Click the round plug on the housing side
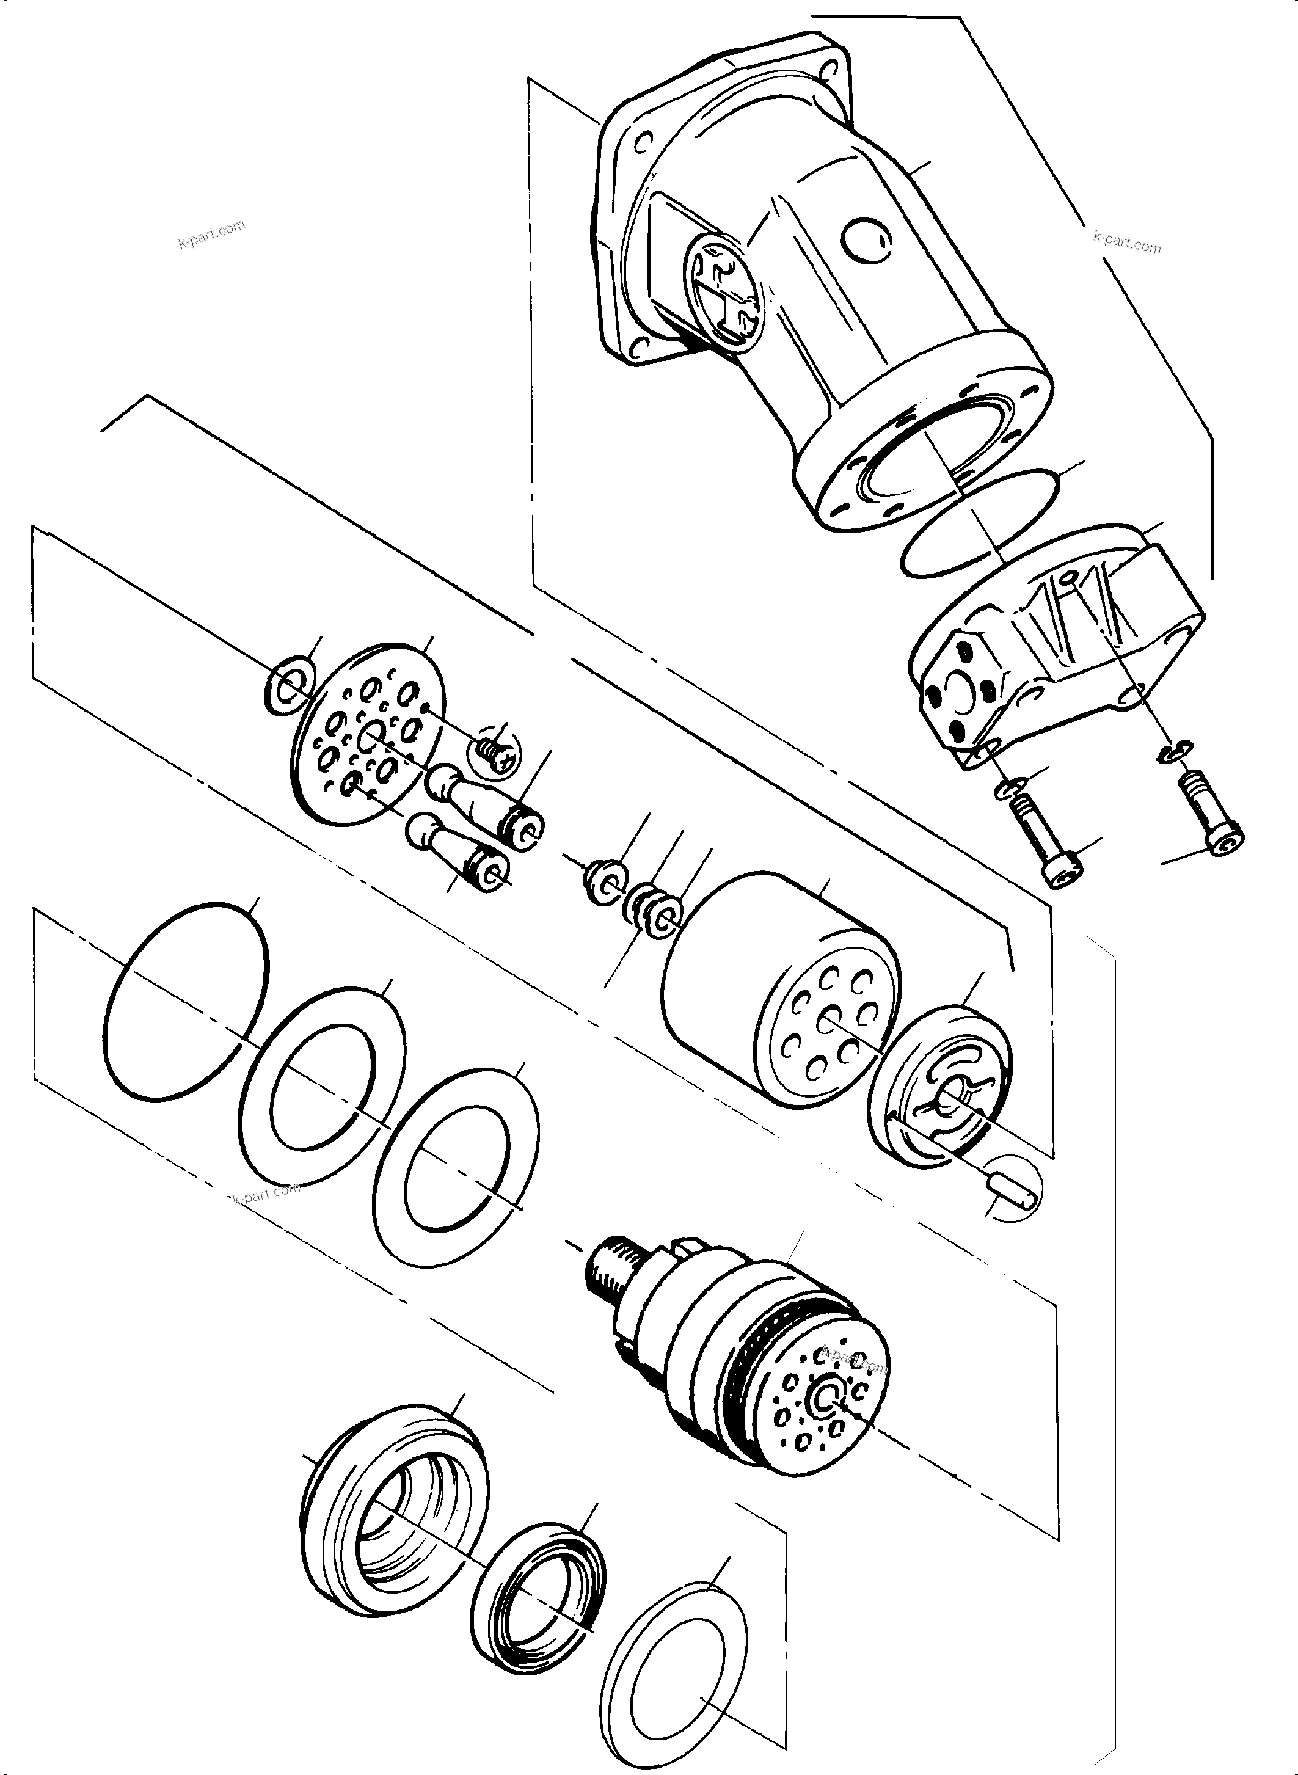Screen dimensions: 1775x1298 tap(867, 239)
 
